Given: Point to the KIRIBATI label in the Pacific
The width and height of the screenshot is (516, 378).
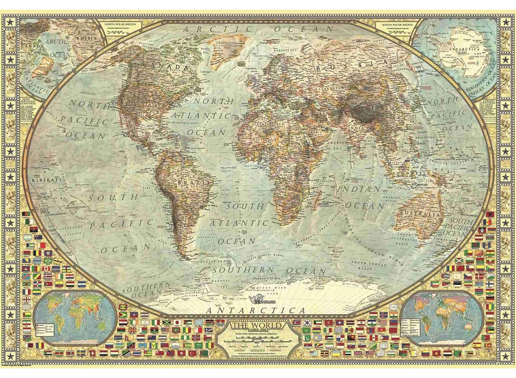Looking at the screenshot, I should click(46, 180).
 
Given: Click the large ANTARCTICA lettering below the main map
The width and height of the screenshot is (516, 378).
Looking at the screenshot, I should click(256, 311).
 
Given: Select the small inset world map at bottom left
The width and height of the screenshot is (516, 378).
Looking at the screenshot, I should click(75, 317).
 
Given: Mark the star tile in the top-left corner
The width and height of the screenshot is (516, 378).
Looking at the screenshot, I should click(11, 22).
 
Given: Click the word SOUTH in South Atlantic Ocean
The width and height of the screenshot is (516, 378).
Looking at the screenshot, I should click(245, 206).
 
